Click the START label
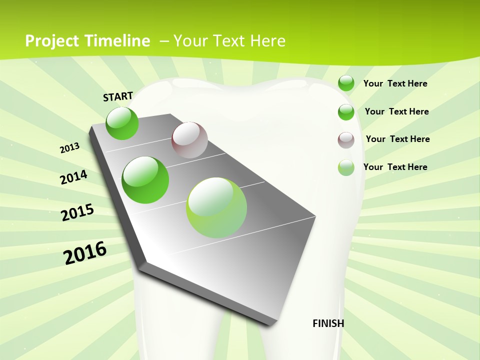click(118, 96)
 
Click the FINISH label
click(328, 323)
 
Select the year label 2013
click(70, 148)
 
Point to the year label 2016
click(85, 253)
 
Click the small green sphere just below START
click(122, 123)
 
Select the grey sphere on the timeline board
click(189, 140)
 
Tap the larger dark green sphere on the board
click(145, 180)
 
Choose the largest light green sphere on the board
click(216, 207)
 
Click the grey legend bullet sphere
click(346, 140)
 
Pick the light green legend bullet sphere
click(346, 167)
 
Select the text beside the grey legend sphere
click(397, 139)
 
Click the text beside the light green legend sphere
click(395, 167)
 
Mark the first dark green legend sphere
click(346, 83)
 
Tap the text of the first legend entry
click(395, 83)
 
